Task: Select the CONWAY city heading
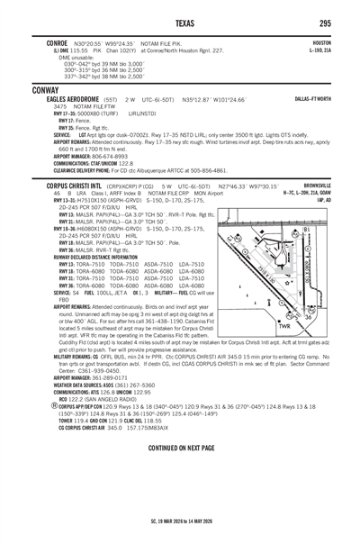point(44,91)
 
